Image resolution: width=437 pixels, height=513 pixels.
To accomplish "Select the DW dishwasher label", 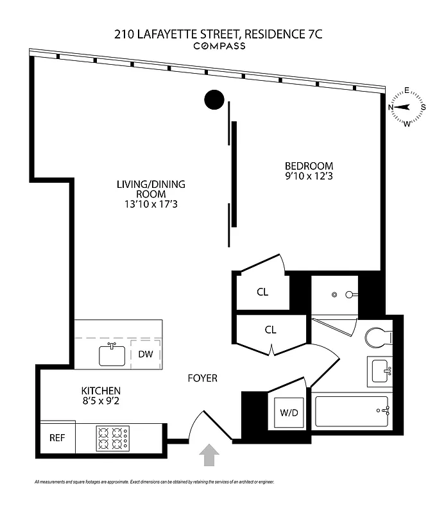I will pyautogui.click(x=144, y=354).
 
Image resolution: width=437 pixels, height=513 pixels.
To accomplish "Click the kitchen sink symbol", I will pyautogui.click(x=112, y=354).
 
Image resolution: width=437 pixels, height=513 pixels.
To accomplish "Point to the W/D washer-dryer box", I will pyautogui.click(x=289, y=412).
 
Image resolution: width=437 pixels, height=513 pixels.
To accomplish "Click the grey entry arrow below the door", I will pyautogui.click(x=209, y=456).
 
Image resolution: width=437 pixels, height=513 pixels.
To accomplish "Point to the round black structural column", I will pyautogui.click(x=214, y=99).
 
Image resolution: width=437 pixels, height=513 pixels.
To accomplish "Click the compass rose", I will pyautogui.click(x=407, y=107).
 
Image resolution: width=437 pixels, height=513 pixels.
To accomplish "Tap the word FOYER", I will pyautogui.click(x=202, y=378).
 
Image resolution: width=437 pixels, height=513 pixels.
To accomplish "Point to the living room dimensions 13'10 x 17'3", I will pyautogui.click(x=151, y=205).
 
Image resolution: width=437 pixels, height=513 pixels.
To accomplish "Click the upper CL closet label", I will pyautogui.click(x=262, y=292).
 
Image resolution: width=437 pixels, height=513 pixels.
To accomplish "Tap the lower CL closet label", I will pyautogui.click(x=271, y=330).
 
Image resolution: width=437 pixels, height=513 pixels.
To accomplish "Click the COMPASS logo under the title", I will pyautogui.click(x=219, y=46).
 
